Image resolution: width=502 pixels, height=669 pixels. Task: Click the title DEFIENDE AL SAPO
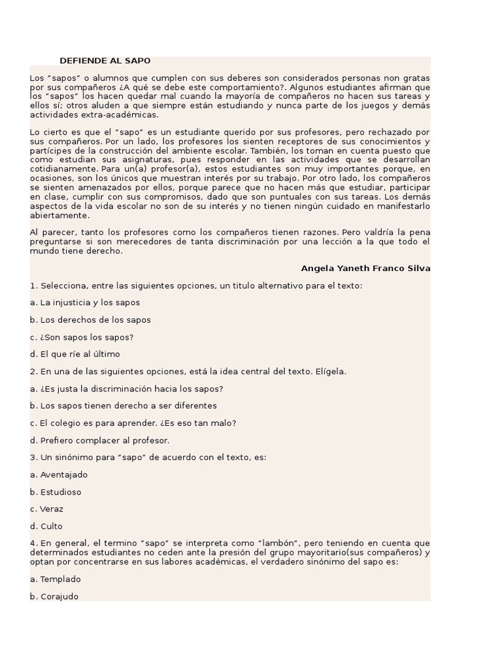105,61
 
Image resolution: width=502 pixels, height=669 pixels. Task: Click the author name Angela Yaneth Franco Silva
365,269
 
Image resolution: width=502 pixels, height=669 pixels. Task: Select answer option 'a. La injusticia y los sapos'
85,303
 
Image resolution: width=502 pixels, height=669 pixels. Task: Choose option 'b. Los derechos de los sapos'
90,320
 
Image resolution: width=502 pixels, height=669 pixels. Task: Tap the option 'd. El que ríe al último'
75,354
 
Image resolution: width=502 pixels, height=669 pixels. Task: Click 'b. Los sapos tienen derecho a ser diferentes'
124,406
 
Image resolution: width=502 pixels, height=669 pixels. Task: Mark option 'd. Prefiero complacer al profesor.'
100,440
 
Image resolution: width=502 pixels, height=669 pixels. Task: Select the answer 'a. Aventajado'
59,475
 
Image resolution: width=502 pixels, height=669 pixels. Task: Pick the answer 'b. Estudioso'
56,492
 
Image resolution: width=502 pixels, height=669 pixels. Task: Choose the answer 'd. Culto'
46,526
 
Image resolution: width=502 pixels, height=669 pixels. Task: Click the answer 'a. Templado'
56,579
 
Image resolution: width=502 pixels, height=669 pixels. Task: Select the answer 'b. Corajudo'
54,596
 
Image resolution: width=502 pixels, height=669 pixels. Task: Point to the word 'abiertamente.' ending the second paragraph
59,216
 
